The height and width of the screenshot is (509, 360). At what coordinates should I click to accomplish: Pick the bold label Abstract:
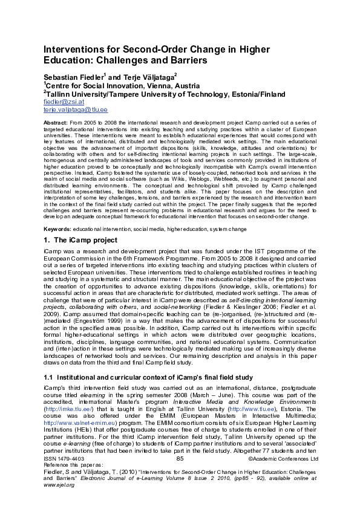point(56,122)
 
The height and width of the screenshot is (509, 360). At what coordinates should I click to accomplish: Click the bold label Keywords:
point(57,230)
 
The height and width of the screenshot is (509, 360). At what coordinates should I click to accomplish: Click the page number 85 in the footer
point(180,459)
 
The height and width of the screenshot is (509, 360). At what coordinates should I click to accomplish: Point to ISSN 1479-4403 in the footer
point(64,459)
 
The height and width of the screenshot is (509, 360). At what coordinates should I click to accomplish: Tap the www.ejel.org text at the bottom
point(59,484)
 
